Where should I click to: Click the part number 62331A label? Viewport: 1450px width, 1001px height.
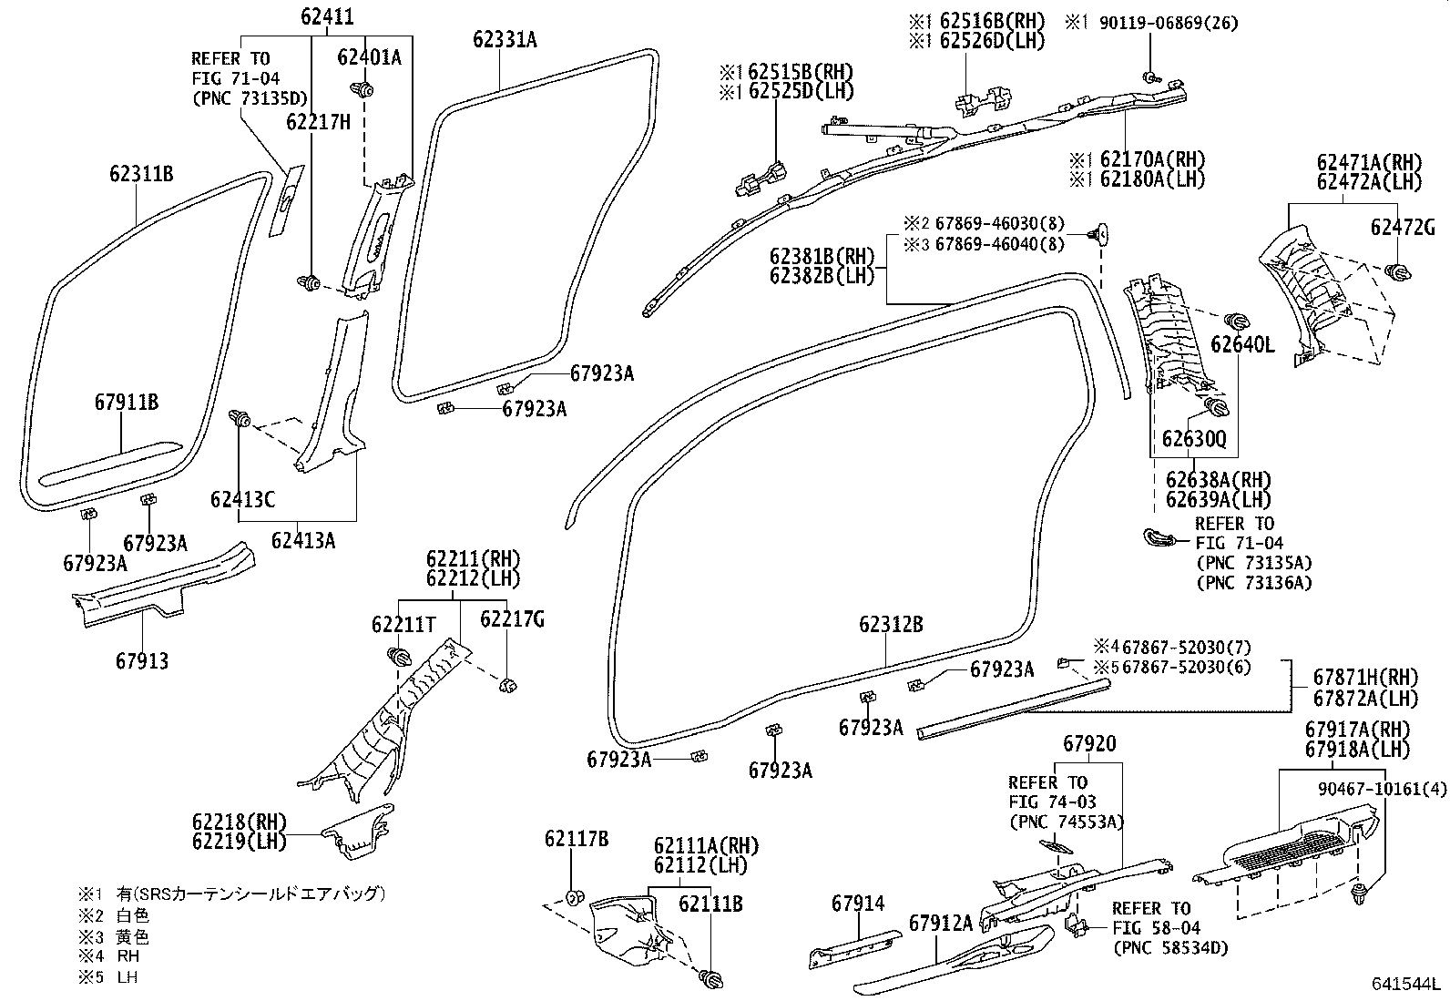coord(505,39)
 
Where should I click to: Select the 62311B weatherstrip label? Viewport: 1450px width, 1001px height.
coord(141,173)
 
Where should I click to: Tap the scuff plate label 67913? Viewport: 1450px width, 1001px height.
coord(142,660)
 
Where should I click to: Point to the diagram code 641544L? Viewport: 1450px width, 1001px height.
coord(1406,985)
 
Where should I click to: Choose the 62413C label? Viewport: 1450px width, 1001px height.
coord(242,499)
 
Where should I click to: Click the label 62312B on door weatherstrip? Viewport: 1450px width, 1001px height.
coord(891,624)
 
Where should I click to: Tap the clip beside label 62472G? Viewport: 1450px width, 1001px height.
coord(1395,271)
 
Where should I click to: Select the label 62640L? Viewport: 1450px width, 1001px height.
coord(1242,344)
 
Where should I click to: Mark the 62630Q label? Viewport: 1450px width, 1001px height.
coord(1194,440)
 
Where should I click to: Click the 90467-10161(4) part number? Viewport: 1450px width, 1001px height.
coord(1382,789)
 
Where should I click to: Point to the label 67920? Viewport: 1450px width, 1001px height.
coord(1088,744)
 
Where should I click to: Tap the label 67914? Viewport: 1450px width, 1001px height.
coord(858,903)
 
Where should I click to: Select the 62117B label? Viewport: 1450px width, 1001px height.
coord(577,839)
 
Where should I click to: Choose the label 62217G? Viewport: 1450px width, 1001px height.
coord(512,619)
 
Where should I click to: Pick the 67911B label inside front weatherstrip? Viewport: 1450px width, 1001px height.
coord(127,402)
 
